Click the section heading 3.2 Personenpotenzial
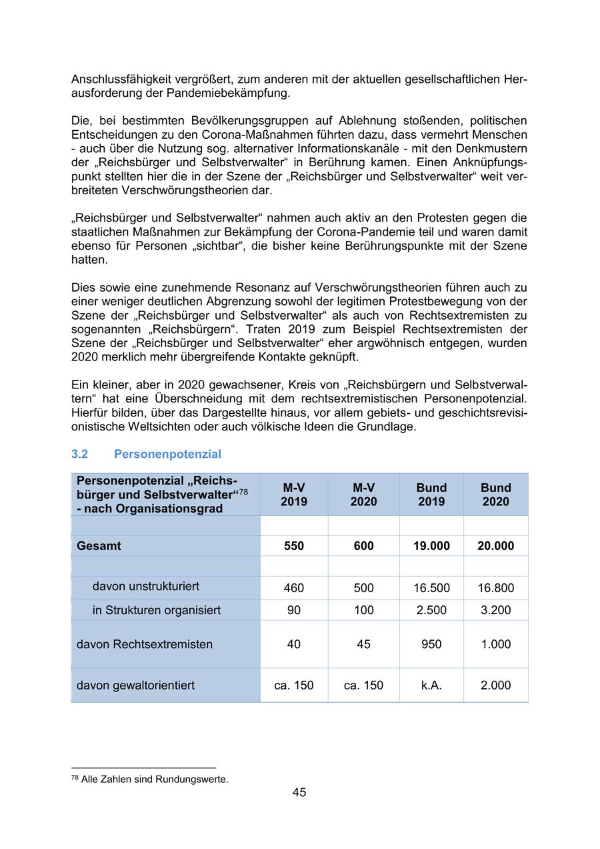tap(146, 454)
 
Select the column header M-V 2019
tap(293, 495)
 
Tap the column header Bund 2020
tap(495, 495)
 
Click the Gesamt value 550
tap(293, 546)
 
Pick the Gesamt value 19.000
tap(431, 546)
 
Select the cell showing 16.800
tap(495, 588)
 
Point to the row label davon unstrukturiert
tap(145, 587)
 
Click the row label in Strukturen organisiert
tap(156, 610)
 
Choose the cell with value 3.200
tap(495, 610)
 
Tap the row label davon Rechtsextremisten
tap(145, 644)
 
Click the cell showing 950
tap(431, 644)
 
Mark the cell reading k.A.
tap(431, 685)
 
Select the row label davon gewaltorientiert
tap(135, 685)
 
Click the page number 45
tap(299, 792)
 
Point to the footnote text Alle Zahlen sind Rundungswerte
tap(154, 779)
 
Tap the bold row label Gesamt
tap(99, 546)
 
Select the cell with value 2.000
tap(495, 685)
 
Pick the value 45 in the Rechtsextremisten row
tap(363, 644)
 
